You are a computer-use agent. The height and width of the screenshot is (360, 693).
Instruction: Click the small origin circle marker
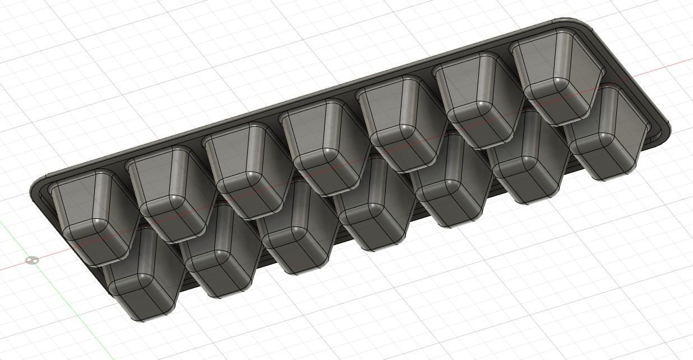(x=33, y=260)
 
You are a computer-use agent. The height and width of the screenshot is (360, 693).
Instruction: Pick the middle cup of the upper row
(x=322, y=147)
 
